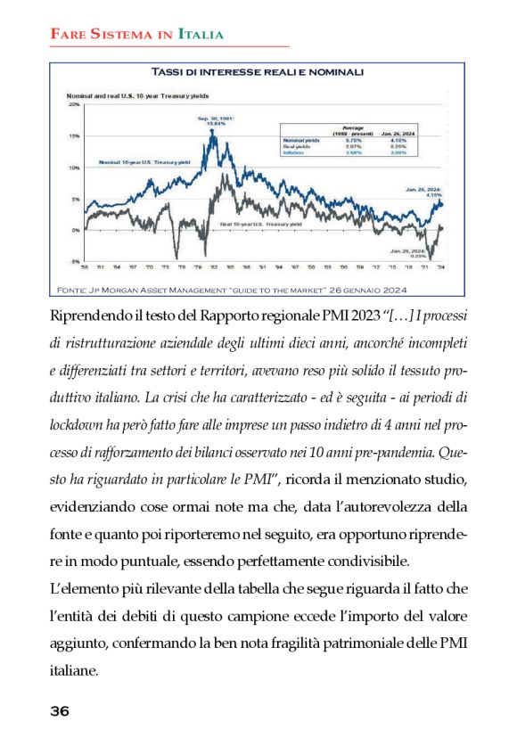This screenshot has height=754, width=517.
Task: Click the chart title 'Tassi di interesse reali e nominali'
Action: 258,72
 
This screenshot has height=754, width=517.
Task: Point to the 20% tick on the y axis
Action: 75,104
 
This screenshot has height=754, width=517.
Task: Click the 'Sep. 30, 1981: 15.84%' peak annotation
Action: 214,121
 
